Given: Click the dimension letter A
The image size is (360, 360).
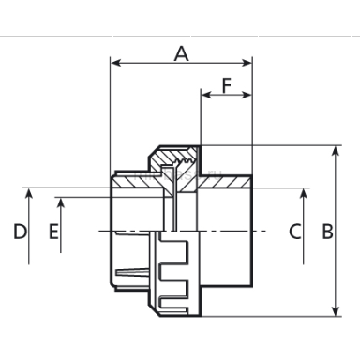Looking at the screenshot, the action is (x=182, y=53).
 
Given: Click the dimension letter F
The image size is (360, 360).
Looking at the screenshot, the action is (x=227, y=85).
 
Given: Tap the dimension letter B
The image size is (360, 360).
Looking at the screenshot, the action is (x=327, y=232).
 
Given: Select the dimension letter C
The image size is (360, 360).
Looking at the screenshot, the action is (x=295, y=232).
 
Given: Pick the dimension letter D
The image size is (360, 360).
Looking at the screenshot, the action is (x=20, y=232).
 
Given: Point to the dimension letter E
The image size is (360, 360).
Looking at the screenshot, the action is (x=53, y=232).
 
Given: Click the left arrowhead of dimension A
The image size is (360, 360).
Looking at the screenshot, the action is (x=116, y=63).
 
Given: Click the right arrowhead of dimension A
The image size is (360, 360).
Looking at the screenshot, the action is (x=247, y=63).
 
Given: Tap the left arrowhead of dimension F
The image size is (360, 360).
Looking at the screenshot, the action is (x=206, y=95).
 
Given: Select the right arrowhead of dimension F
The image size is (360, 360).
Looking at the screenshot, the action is (x=247, y=95).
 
